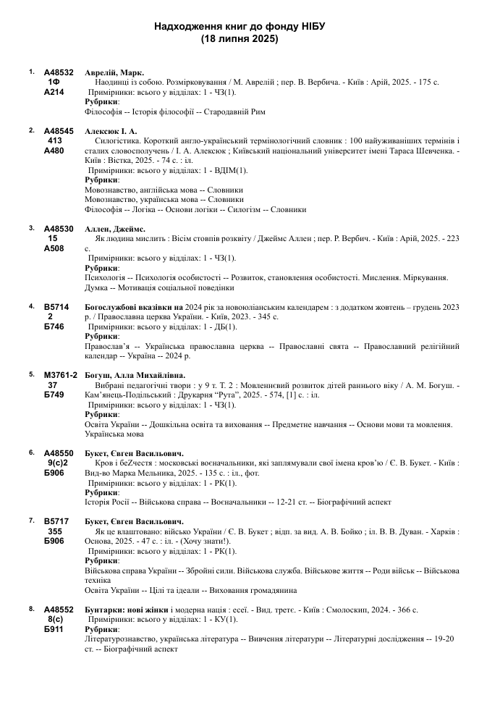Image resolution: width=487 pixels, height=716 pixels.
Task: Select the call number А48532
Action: click(x=59, y=73)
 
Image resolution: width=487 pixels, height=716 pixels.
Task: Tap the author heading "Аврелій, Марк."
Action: click(x=114, y=73)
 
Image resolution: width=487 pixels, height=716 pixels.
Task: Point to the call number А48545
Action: click(x=59, y=131)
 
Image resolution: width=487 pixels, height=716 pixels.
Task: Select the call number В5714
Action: click(x=56, y=307)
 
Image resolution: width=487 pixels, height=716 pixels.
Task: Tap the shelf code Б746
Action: click(x=54, y=326)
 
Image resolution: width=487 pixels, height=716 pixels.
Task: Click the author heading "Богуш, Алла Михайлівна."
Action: click(x=135, y=375)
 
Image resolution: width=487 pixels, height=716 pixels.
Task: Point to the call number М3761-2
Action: click(x=61, y=375)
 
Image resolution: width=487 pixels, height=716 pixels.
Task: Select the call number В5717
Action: click(x=56, y=521)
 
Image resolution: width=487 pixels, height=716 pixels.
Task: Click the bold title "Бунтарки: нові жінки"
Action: click(x=127, y=610)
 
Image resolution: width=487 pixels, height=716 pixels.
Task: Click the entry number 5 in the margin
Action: click(x=32, y=374)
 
